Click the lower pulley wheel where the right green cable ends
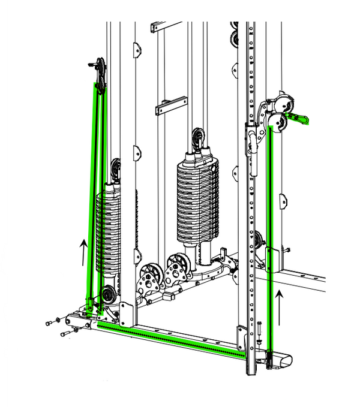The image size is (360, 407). click(277, 123)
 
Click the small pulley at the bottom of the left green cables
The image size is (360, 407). click(108, 294)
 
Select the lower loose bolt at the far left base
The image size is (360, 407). click(67, 330)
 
